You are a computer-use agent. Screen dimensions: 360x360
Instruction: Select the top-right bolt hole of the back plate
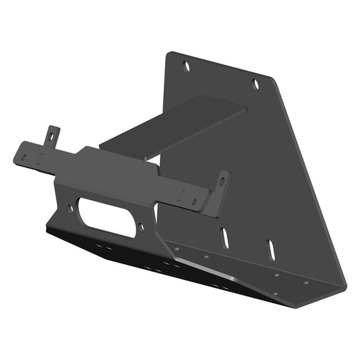tap(255, 84)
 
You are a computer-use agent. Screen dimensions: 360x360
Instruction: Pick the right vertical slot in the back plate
tap(271, 248)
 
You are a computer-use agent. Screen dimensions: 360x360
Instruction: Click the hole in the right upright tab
tap(221, 182)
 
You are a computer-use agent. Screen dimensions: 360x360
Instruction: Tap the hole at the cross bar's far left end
tap(24, 156)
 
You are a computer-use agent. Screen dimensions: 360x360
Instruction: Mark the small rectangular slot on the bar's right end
tap(181, 194)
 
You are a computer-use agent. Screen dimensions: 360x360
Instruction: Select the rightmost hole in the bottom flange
tap(305, 282)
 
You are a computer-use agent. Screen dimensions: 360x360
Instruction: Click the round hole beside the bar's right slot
tap(195, 201)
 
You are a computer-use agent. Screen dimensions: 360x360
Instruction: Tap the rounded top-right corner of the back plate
tap(270, 79)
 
